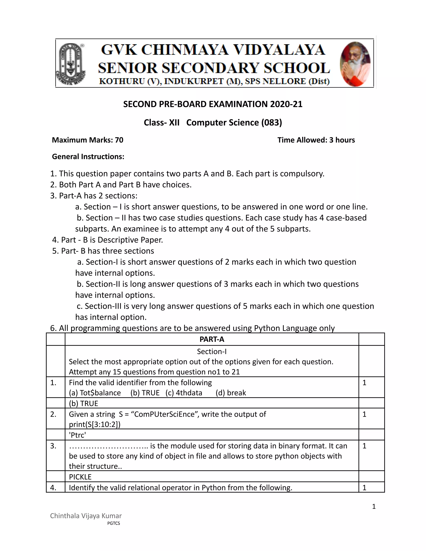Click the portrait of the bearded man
(355, 64)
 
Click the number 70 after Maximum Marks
(119, 140)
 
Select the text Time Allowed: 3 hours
(316, 140)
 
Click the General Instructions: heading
(88, 157)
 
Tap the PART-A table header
(212, 339)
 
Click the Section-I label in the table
(212, 351)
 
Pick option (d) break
(231, 393)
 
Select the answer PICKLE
(80, 477)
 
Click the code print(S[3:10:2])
(95, 424)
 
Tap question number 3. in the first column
(53, 446)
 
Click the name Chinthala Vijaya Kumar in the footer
(86, 516)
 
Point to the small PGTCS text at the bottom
(114, 523)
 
